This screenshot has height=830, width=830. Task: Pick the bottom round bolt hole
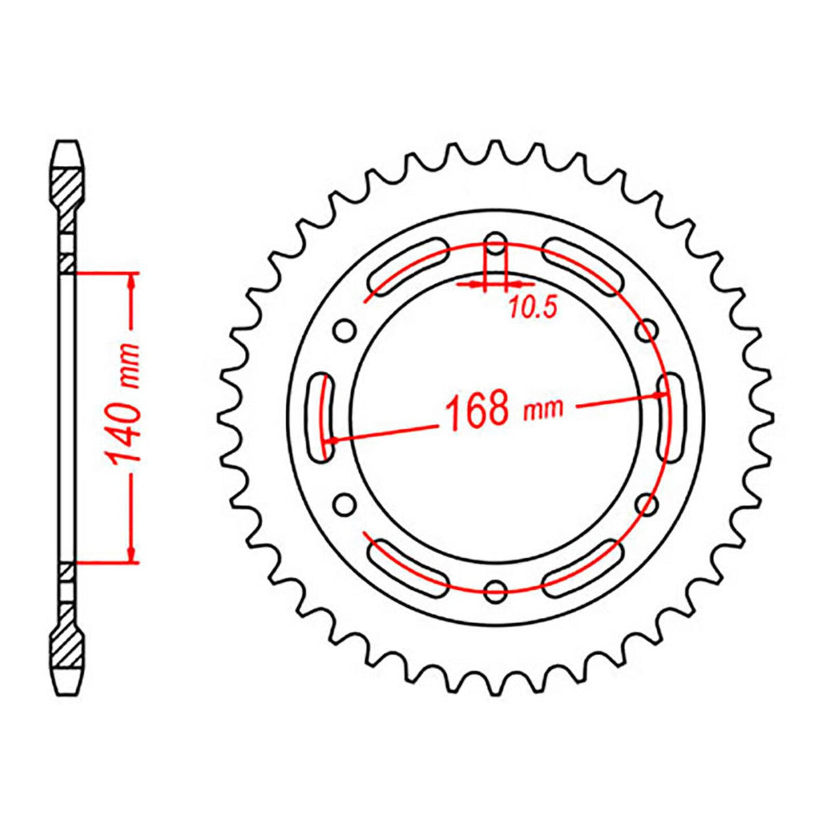(x=496, y=590)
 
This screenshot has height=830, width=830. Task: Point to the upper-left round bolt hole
(x=345, y=331)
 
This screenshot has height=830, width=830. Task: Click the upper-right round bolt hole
(x=647, y=331)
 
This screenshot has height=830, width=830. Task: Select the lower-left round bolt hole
(x=345, y=504)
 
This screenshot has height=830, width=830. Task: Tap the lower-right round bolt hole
(x=647, y=504)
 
